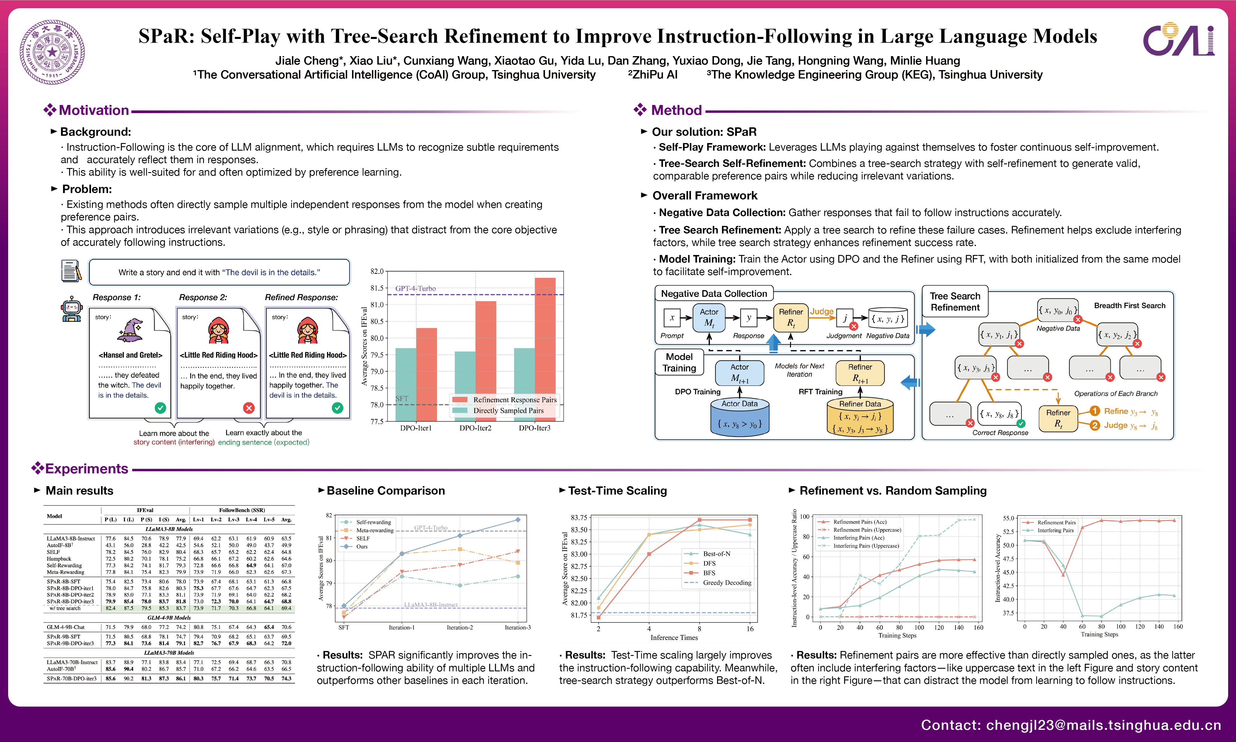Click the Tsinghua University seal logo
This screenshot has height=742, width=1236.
point(52,52)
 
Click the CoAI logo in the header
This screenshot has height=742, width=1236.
point(1178,39)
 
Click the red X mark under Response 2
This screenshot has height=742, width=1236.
point(249,408)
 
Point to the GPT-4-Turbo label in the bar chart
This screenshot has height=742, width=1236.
point(415,288)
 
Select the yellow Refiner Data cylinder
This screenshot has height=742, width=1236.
point(860,418)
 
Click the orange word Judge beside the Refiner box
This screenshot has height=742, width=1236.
point(822,311)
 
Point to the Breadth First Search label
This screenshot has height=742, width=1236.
point(1130,306)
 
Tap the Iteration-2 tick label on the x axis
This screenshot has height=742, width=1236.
point(459,627)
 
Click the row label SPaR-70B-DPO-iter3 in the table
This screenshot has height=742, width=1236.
point(72,679)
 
